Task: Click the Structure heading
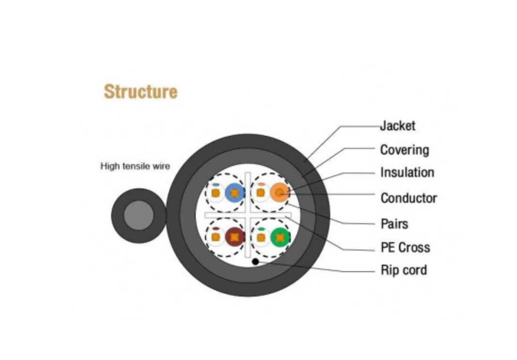click(140, 91)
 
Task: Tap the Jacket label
click(398, 126)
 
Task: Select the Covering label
click(404, 150)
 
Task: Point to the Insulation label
click(407, 172)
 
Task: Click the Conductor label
click(408, 198)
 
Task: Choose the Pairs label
click(394, 224)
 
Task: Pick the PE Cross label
click(405, 247)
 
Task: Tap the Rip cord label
click(403, 270)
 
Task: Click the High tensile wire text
click(135, 166)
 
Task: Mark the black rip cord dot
click(255, 261)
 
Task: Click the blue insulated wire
click(234, 193)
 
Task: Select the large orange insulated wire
click(280, 193)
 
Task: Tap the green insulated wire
click(280, 237)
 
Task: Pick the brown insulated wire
click(234, 237)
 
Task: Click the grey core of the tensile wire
click(138, 216)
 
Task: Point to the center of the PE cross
click(248, 215)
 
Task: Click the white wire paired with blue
click(215, 193)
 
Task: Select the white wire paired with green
click(261, 237)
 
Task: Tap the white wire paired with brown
click(215, 237)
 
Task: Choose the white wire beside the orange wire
click(261, 193)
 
